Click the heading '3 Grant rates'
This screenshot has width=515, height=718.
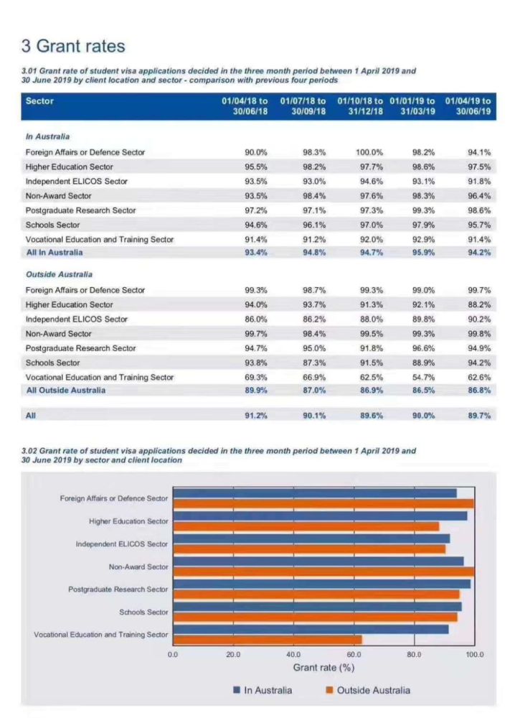coord(73,47)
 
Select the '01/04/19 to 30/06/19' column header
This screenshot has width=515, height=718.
coord(468,106)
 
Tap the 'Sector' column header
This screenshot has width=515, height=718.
coord(39,101)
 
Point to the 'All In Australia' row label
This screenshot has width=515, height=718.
coord(55,253)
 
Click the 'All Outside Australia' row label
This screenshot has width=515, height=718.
coord(65,391)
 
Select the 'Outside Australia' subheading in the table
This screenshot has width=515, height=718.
coord(59,274)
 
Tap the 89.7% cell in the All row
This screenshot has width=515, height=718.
coord(478,416)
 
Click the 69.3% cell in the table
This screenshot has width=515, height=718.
coord(256,377)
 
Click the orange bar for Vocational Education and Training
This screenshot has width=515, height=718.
coord(268,640)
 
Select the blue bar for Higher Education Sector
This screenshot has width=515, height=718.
coord(320,516)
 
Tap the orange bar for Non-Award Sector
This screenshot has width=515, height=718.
coord(323,572)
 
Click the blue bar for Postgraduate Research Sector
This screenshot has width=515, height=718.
coord(322,584)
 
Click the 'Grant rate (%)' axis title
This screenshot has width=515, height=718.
coord(324,668)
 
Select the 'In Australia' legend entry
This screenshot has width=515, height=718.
coord(263,690)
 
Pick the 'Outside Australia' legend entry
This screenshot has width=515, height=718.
coord(367,690)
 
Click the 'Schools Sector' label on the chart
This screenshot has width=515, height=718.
coord(143,612)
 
